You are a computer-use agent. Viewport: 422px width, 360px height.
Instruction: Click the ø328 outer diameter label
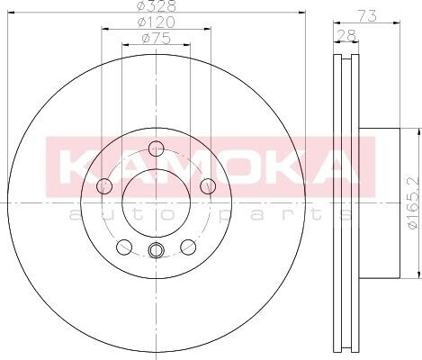click(x=156, y=6)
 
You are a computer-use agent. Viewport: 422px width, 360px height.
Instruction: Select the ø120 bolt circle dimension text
click(x=156, y=22)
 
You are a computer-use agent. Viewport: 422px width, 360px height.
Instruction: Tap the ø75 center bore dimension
click(x=156, y=39)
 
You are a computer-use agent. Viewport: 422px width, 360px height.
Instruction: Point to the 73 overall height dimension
click(x=367, y=15)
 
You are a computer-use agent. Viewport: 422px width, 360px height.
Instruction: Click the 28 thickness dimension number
click(x=346, y=35)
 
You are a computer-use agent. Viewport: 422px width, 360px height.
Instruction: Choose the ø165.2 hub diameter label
click(x=413, y=203)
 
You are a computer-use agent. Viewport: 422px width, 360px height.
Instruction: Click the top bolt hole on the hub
click(x=157, y=148)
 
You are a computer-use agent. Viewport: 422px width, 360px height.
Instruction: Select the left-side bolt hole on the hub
click(x=104, y=186)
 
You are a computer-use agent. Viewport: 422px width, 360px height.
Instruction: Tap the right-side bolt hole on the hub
click(x=208, y=186)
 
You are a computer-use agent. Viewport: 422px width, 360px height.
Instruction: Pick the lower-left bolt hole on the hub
click(x=124, y=247)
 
